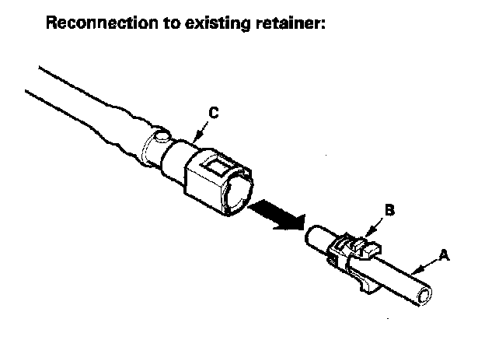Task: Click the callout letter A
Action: (x=445, y=254)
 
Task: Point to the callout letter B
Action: (x=390, y=209)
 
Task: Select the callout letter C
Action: (x=213, y=114)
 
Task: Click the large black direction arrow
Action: (x=276, y=214)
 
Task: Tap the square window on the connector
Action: (x=213, y=165)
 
